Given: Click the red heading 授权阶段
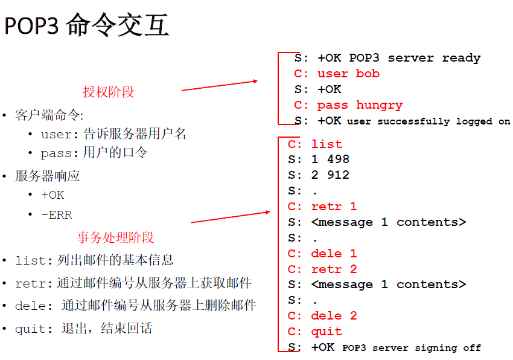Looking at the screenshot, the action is point(109,92).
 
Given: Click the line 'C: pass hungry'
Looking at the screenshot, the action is point(348,105).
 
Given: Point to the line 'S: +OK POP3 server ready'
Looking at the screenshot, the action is point(387,58).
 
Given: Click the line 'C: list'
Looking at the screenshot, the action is point(315,144).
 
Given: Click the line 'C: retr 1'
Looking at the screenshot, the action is point(322,207).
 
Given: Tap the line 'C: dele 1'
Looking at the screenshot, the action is point(322,254).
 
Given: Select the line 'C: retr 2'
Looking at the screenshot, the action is point(322,269).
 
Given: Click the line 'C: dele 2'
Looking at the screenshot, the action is point(322,316).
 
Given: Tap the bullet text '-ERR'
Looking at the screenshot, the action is point(57,215).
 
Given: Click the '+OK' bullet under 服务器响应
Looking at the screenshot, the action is point(53,195).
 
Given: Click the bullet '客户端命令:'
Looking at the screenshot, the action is point(49,115).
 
